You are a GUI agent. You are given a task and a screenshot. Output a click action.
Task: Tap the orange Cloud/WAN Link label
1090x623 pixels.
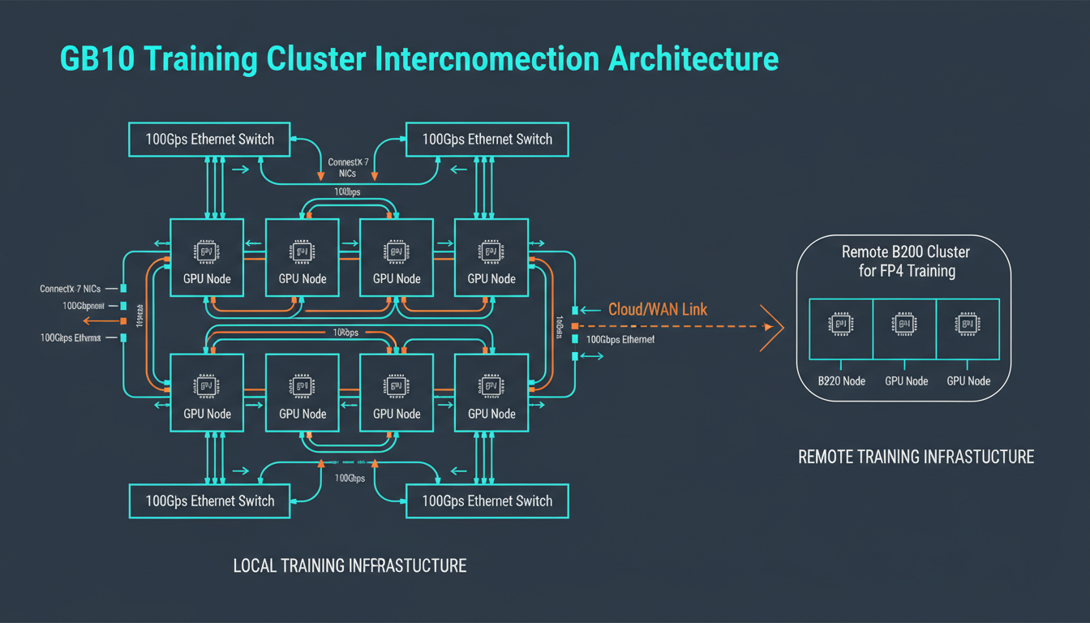[x=657, y=309]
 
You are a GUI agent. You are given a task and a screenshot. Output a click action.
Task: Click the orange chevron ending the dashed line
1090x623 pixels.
[x=771, y=327]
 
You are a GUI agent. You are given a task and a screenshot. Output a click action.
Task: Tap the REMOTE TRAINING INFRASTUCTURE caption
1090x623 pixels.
[x=916, y=457]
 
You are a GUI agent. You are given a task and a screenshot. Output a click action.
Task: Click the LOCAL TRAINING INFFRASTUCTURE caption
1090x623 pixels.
[x=350, y=565]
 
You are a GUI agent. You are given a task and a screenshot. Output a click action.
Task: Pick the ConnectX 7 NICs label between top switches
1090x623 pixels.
[x=348, y=168]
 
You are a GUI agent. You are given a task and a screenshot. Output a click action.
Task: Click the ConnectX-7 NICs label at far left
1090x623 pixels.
[x=71, y=289]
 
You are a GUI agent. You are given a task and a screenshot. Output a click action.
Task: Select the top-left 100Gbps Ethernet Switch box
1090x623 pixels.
[x=210, y=139]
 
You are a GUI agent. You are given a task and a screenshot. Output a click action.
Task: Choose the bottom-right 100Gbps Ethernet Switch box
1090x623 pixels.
[x=487, y=501]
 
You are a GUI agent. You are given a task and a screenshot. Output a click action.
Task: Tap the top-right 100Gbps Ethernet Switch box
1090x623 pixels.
[x=487, y=139]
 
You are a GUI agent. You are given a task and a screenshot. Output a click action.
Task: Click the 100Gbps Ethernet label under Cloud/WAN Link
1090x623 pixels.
[x=620, y=339]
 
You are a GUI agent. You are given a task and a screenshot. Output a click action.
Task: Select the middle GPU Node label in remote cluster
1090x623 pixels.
[x=906, y=380]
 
